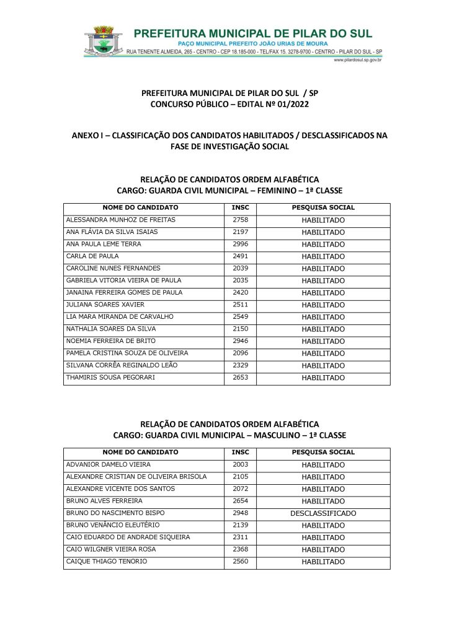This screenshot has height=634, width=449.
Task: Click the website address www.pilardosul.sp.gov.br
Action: (x=357, y=60)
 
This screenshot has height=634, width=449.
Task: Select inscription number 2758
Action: (x=240, y=220)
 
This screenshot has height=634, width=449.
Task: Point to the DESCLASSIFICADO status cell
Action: (x=323, y=513)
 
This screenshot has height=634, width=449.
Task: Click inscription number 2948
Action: (x=240, y=513)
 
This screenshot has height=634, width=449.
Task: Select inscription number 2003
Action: (x=240, y=464)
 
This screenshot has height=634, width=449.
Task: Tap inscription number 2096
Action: (x=240, y=353)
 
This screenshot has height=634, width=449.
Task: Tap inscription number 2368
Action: (x=240, y=549)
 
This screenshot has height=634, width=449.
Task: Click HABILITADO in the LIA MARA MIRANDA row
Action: (x=323, y=317)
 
